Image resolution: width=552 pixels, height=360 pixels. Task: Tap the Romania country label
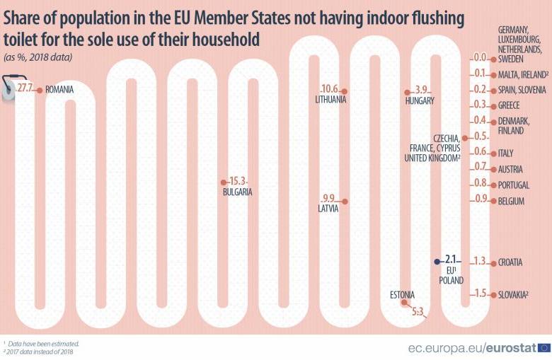tap(59, 90)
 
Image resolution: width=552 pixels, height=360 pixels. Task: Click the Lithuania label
tap(330, 100)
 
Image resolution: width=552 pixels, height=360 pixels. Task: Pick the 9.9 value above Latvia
tap(328, 198)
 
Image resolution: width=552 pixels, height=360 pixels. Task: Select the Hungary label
tap(420, 100)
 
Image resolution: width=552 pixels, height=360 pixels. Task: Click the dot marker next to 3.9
tap(407, 92)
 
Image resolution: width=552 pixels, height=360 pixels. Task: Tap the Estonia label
tap(402, 294)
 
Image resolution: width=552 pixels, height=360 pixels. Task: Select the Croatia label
tap(510, 262)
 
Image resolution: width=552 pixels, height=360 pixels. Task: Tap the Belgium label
tap(511, 202)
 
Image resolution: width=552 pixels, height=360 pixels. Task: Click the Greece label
tap(509, 105)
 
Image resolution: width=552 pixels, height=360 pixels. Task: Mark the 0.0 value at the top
tap(480, 58)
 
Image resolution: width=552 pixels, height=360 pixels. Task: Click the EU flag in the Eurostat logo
tap(544, 347)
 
